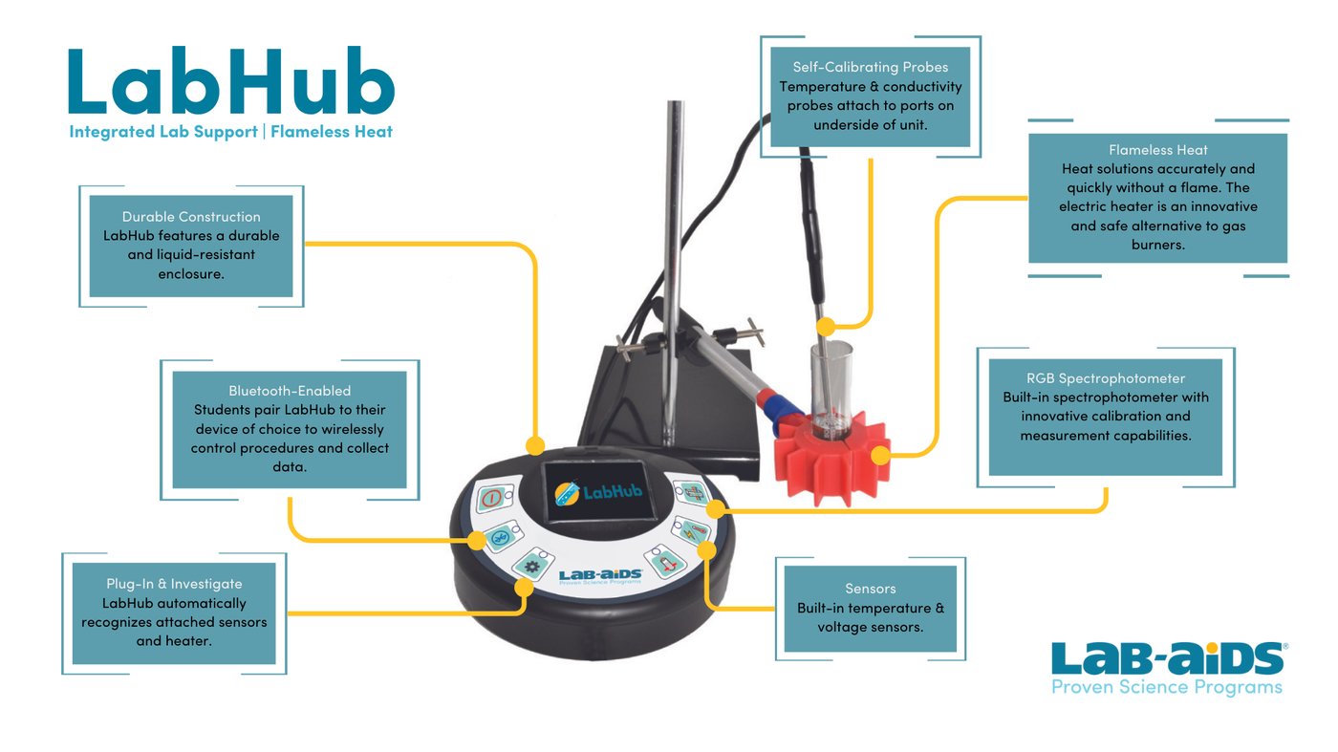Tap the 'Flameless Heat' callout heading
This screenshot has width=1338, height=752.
tap(1157, 150)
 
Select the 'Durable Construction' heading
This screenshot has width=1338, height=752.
tap(191, 217)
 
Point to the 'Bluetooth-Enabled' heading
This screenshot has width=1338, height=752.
tap(290, 391)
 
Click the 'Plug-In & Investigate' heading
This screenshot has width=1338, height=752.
tap(174, 584)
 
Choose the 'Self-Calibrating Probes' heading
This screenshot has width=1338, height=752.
tap(871, 67)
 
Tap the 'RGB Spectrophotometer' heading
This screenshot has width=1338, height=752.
tap(1105, 378)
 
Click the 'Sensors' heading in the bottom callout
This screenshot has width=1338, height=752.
tap(870, 589)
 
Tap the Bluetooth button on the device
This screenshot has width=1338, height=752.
tap(500, 539)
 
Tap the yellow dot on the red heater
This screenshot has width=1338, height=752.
tap(880, 455)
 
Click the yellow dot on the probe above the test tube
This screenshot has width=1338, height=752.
tap(824, 326)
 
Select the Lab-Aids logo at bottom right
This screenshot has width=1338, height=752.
tap(1168, 667)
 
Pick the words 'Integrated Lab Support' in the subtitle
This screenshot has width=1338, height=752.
tap(162, 132)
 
